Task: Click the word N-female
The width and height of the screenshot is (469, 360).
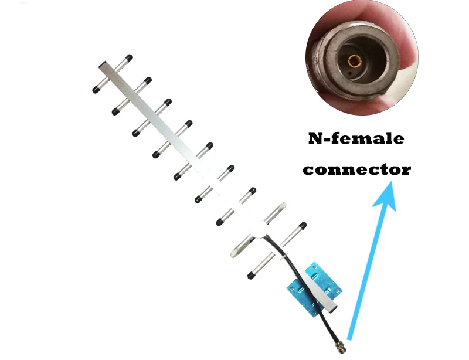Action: click(x=356, y=138)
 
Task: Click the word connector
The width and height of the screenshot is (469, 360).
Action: click(x=357, y=169)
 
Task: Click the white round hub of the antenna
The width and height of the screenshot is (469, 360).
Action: click(x=259, y=229)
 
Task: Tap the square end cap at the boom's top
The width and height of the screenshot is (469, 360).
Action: click(x=103, y=65)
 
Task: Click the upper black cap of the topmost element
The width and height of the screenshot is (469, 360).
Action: click(x=129, y=57)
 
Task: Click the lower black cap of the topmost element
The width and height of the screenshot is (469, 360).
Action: click(x=96, y=90)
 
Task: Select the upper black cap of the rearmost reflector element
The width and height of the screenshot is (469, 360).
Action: click(x=303, y=225)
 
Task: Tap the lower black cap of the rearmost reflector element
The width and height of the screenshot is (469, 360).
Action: click(x=252, y=276)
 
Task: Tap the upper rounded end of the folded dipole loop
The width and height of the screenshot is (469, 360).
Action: click(x=281, y=207)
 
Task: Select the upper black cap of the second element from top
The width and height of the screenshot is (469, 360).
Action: click(x=148, y=80)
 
